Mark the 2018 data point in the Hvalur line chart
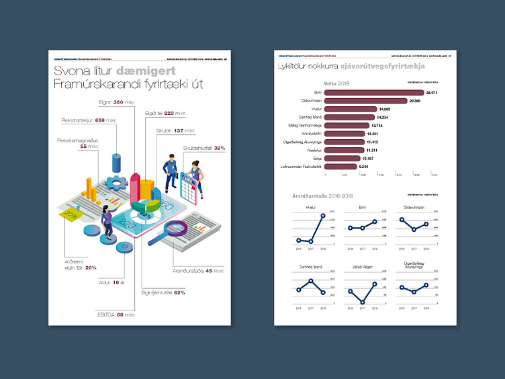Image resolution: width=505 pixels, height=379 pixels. tap(323, 216)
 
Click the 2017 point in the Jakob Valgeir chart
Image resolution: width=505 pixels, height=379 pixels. tap(362, 302)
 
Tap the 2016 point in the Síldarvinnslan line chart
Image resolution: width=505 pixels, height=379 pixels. tap(402, 220)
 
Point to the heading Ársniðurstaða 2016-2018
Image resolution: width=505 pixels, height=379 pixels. tap(317, 196)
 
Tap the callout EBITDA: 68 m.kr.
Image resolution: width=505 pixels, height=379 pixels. tap(117, 314)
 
